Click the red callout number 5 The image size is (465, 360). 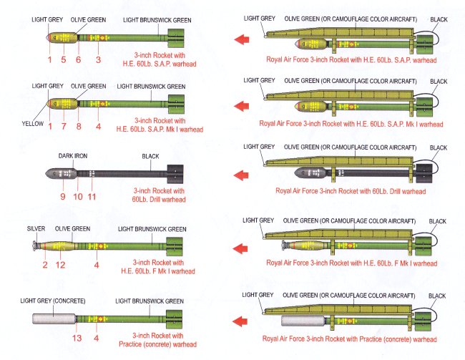(x=64, y=59)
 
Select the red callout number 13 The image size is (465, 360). (x=77, y=338)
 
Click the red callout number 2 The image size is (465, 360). (x=44, y=266)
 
